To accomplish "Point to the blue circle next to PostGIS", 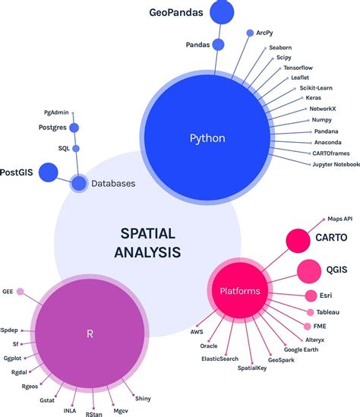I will (49, 172).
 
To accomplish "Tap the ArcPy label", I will (265, 33).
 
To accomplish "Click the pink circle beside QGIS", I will (308, 270).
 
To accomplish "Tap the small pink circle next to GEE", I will (21, 290).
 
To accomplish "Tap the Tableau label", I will (329, 312).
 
